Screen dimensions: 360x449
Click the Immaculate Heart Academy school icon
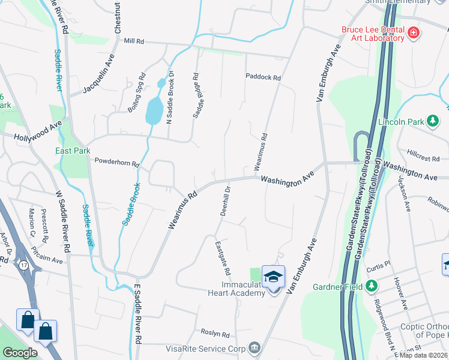(x=273, y=277)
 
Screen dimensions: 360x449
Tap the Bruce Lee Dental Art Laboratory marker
(x=413, y=32)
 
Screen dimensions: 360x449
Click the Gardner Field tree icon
(x=372, y=286)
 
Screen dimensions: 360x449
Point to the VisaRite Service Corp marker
(x=255, y=348)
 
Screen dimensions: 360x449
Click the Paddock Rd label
(x=263, y=77)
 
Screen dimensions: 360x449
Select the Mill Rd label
(x=134, y=41)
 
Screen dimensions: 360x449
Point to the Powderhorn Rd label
(x=117, y=163)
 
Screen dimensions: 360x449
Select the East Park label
(x=73, y=151)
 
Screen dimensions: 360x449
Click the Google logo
(x=20, y=353)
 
